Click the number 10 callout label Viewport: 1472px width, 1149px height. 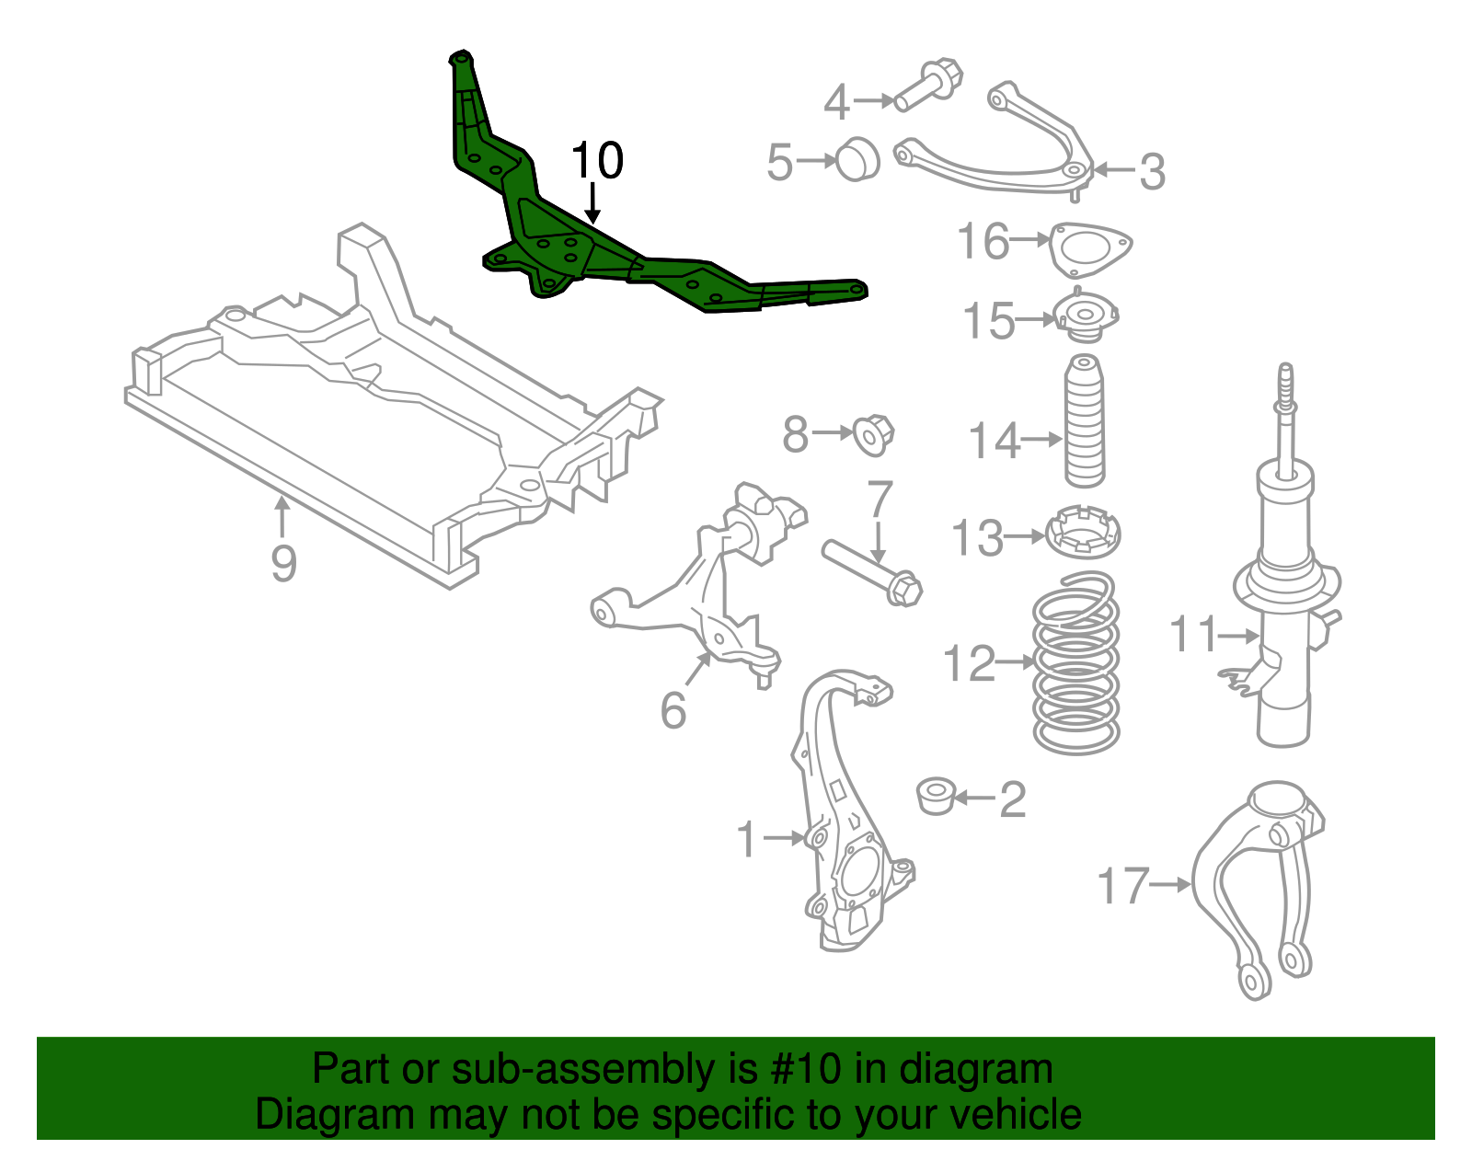click(x=597, y=161)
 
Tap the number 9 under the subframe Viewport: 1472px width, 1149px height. click(x=283, y=563)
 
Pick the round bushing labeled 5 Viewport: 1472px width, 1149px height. click(x=858, y=159)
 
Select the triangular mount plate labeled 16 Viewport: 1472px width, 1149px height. click(x=1090, y=247)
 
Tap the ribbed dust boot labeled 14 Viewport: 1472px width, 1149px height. click(x=1085, y=423)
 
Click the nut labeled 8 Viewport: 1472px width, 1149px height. click(x=872, y=434)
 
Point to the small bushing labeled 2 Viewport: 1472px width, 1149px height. click(x=937, y=796)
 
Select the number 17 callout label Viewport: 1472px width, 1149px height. click(x=1123, y=886)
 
